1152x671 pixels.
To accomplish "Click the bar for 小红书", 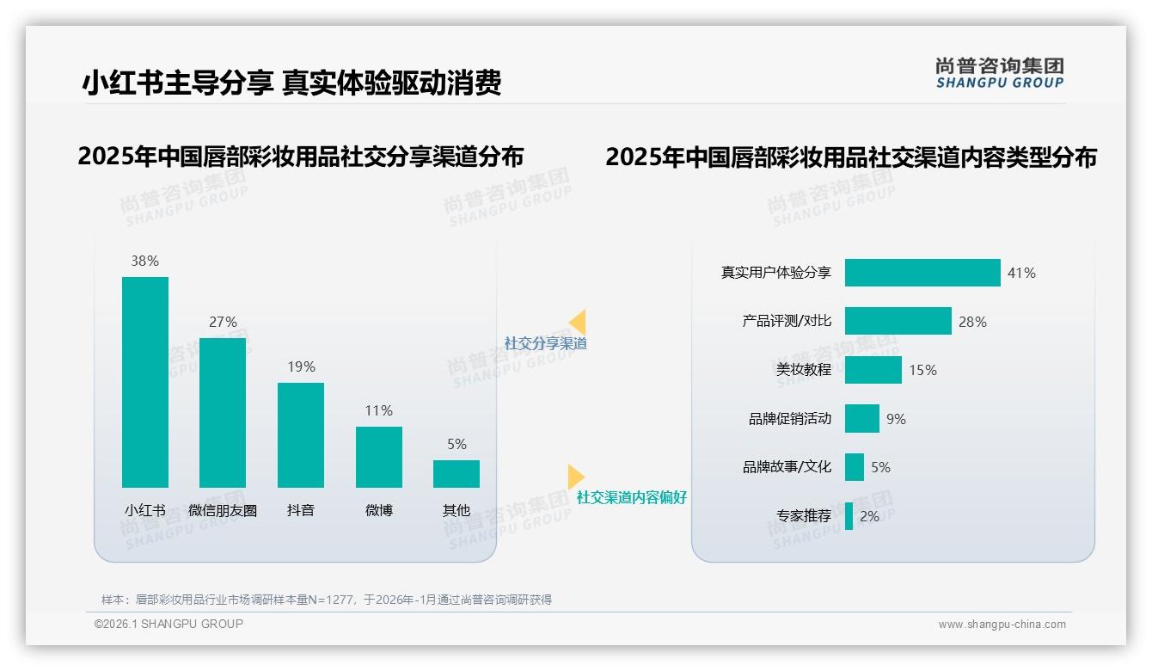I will click(x=145, y=382).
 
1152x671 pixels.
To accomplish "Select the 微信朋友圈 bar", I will click(x=223, y=413).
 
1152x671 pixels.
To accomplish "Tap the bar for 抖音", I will click(x=301, y=435).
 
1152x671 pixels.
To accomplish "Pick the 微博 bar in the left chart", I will click(x=379, y=457).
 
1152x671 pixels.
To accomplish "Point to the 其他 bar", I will click(x=457, y=474).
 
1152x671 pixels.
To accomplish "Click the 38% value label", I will click(x=145, y=261).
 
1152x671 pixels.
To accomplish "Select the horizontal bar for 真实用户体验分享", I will click(x=922, y=273).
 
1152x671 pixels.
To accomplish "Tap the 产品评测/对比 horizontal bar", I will click(x=898, y=321).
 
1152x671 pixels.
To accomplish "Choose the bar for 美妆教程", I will click(x=873, y=370).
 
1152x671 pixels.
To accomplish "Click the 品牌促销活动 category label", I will click(x=790, y=419).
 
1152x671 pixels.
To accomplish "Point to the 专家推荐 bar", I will click(x=849, y=516).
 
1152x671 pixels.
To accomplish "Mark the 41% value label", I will click(x=1021, y=273).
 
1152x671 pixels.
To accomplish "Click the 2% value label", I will click(x=869, y=516).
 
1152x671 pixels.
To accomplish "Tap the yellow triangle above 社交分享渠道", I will click(x=578, y=323).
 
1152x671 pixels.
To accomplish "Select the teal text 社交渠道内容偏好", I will click(x=632, y=497).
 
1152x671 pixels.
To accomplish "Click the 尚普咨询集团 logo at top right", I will click(x=999, y=73).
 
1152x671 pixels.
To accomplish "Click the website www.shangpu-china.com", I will click(x=1002, y=625).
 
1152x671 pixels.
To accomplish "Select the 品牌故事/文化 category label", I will click(x=787, y=467).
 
